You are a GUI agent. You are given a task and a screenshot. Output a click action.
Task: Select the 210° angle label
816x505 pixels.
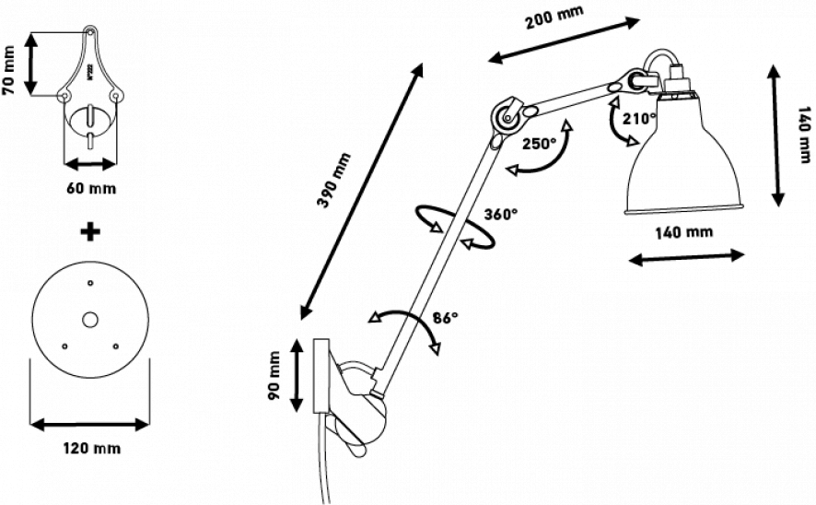(636, 121)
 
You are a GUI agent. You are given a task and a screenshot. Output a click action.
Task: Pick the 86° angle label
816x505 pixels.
(443, 319)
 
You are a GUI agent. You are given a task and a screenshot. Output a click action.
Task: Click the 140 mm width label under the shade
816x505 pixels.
(683, 233)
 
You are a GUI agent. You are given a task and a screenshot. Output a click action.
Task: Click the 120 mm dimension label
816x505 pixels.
(91, 448)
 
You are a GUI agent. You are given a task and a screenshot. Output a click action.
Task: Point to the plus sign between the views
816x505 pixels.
(90, 231)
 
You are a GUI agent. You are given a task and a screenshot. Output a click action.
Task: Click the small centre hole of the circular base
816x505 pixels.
(89, 320)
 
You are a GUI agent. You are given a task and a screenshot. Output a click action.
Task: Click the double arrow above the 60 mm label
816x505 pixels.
(90, 163)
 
